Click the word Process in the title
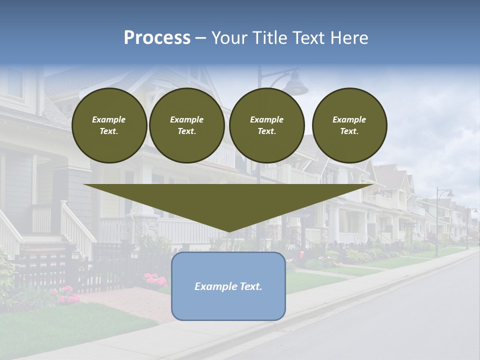(x=157, y=38)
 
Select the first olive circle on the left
(x=109, y=125)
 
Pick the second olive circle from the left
(x=186, y=125)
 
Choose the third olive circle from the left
(x=266, y=125)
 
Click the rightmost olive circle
(x=349, y=125)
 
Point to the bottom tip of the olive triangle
(x=228, y=231)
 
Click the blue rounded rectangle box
(x=228, y=305)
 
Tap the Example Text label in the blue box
(x=228, y=286)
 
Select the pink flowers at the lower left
(x=67, y=296)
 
